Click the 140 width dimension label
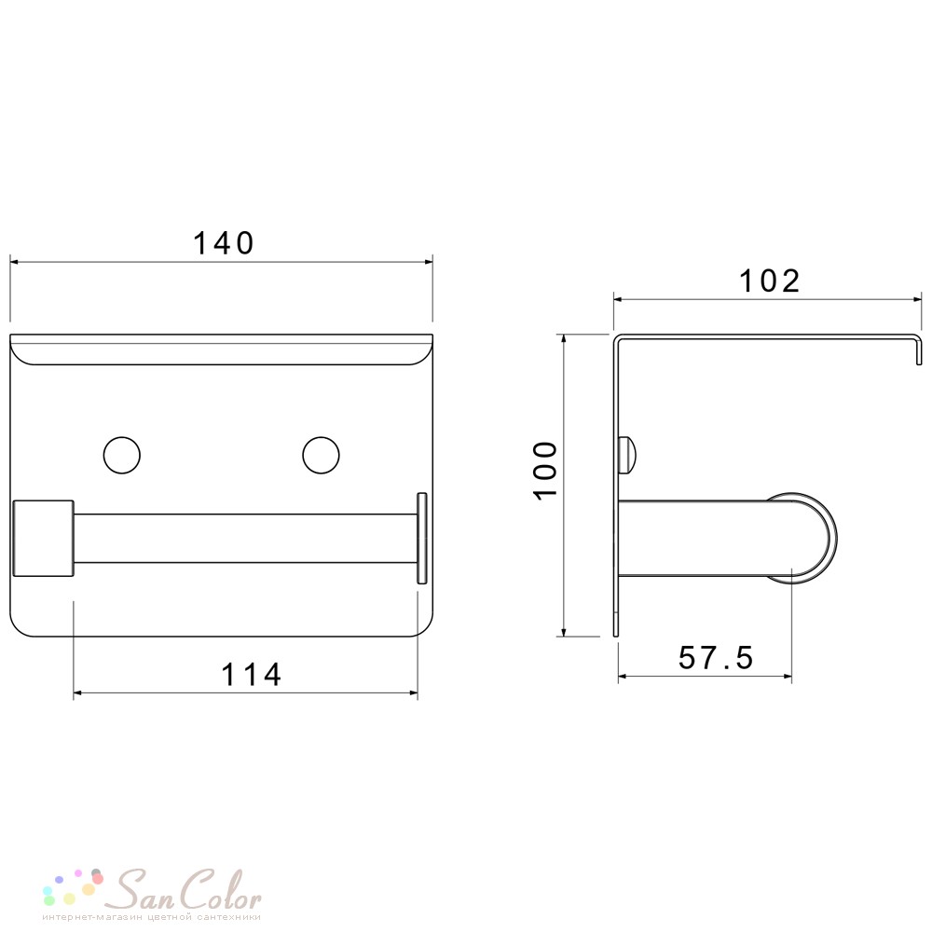(224, 243)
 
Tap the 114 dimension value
(251, 675)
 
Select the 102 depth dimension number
(769, 281)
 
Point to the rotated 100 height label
(546, 471)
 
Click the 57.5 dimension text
(716, 658)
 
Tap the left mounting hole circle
(122, 456)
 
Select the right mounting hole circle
(321, 456)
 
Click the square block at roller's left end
(44, 539)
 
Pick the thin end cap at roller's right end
(422, 539)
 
